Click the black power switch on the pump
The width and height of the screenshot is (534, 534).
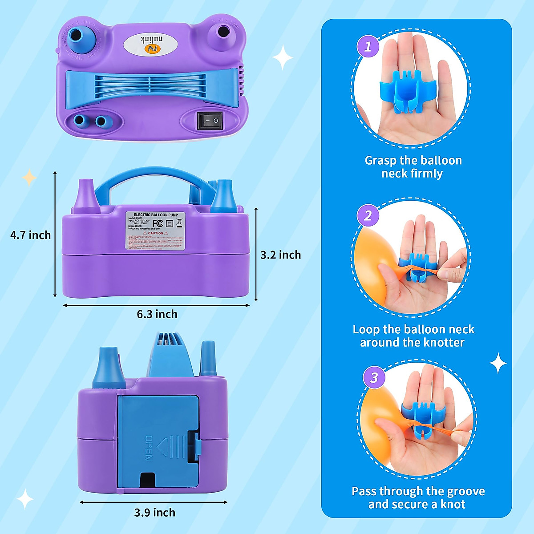210,121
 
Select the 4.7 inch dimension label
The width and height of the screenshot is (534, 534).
31,235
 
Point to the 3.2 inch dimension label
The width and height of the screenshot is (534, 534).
280,255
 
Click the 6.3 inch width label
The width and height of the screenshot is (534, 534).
157,314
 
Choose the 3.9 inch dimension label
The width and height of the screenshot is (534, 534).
155,512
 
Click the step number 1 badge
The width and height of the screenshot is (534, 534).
368,46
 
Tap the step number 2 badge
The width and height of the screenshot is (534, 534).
368,216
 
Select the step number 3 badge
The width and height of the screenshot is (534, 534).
374,377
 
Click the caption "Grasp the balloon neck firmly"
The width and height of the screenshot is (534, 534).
413,167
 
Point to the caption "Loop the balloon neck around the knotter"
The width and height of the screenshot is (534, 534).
413,336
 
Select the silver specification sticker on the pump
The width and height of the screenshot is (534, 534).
155,231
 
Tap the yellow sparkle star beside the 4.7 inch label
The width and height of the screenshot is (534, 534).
29,178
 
